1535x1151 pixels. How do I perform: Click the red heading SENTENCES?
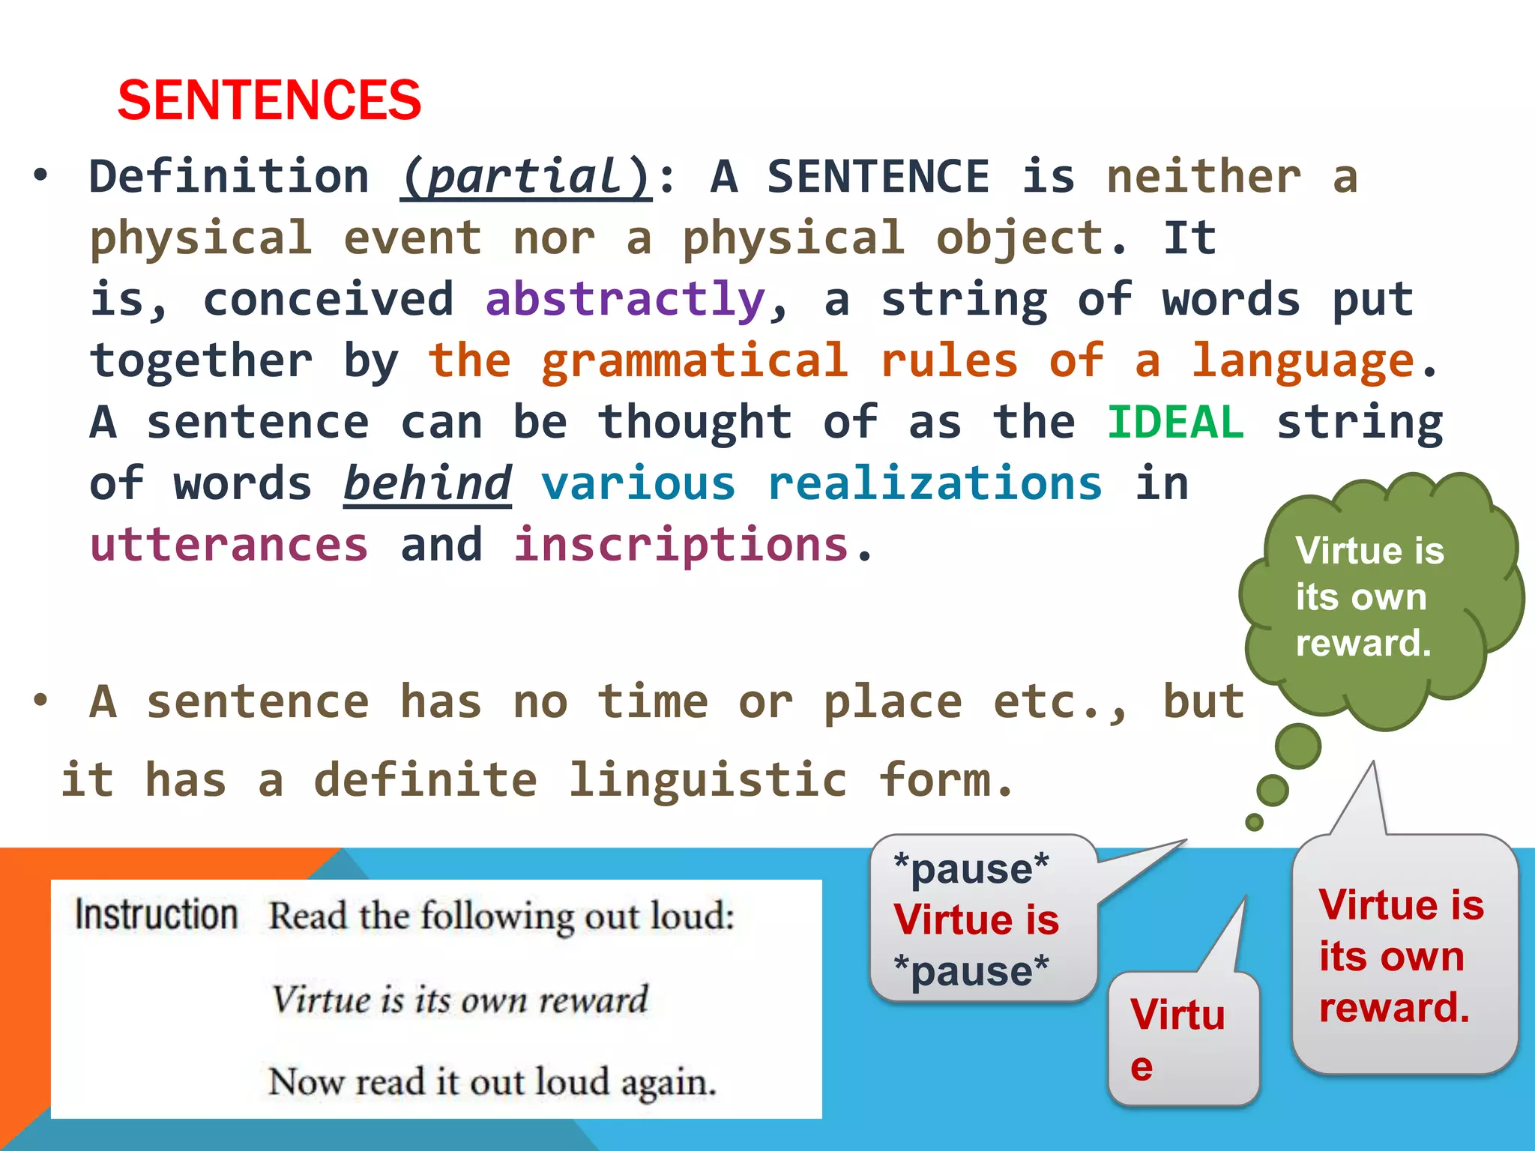[x=269, y=100]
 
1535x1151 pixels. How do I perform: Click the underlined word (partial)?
[x=526, y=178]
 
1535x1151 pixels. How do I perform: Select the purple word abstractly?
[x=625, y=300]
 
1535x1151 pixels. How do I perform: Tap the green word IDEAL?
[x=1174, y=422]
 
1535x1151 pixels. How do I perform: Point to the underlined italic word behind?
[x=427, y=483]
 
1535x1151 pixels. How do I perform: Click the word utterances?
[x=229, y=545]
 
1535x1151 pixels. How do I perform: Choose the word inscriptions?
[x=681, y=545]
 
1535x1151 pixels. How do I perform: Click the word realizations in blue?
[x=935, y=483]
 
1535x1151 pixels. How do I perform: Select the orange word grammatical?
[x=695, y=361]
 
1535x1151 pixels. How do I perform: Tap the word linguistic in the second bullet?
[x=708, y=780]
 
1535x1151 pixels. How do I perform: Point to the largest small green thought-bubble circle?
[x=1298, y=746]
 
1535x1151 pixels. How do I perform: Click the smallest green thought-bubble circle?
[x=1254, y=822]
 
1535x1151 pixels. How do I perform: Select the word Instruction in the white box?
[x=156, y=915]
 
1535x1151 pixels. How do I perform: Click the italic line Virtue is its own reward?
[x=459, y=1000]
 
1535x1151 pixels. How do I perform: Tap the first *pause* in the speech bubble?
[x=971, y=869]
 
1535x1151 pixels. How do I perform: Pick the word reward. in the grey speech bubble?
[x=1394, y=1007]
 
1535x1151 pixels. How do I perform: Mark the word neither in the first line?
[x=1204, y=178]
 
